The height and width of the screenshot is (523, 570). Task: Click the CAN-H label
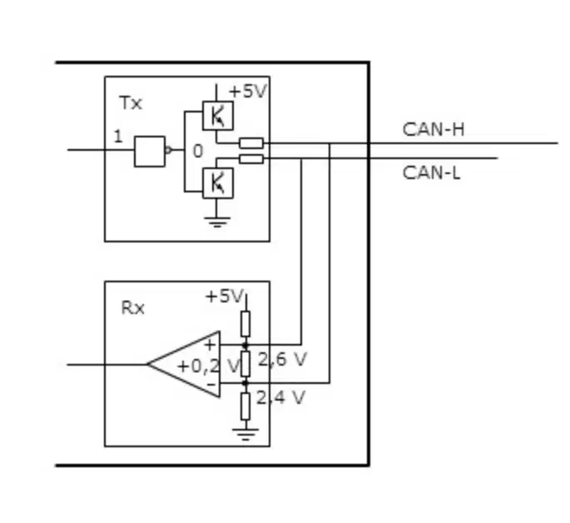434,129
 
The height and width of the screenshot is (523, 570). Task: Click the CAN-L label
432,172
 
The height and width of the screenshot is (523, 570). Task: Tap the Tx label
131,103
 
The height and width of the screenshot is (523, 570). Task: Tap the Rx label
132,308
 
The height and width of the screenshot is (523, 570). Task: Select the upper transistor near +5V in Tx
218,116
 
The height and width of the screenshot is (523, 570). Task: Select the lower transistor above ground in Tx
218,183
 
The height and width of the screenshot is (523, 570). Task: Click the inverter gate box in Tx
150,152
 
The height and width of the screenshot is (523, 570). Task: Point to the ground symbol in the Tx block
217,222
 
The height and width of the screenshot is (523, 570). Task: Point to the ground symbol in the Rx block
245,434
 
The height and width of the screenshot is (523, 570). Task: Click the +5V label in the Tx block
248,92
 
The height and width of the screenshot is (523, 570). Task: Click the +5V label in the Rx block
224,296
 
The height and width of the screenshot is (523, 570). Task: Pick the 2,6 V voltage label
282,359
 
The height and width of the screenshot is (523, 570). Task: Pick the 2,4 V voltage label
280,398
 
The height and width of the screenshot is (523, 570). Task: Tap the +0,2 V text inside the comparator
210,366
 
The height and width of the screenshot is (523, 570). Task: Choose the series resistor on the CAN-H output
251,143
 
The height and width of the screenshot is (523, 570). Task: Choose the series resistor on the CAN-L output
251,159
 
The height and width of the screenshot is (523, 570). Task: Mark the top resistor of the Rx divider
245,324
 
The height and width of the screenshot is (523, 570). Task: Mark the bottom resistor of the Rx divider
245,406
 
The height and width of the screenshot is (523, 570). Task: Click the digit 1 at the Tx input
118,137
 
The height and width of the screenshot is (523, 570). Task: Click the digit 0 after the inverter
197,151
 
